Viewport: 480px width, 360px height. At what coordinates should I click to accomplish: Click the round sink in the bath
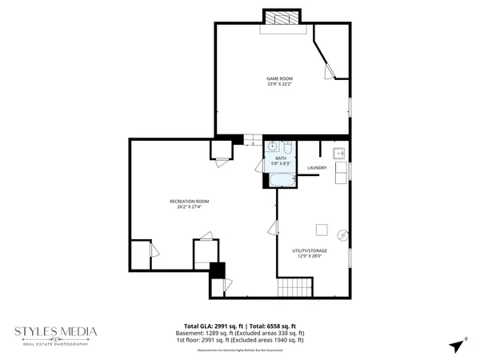(x=273, y=146)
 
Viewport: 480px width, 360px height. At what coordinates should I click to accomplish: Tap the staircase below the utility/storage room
(x=293, y=288)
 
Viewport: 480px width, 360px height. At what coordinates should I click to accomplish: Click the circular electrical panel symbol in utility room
(x=342, y=235)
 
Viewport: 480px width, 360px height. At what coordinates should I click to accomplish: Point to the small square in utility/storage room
(x=321, y=230)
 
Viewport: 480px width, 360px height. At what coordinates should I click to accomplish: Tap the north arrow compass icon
(x=457, y=346)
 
